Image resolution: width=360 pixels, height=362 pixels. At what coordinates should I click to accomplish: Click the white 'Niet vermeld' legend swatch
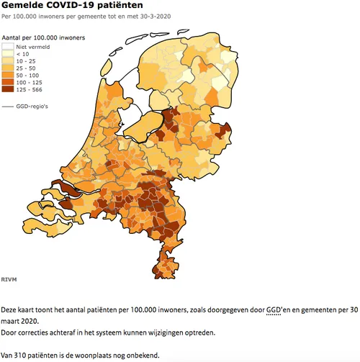pos(9,45)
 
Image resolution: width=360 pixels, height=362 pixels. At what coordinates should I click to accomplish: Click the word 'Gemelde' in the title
pos(22,6)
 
